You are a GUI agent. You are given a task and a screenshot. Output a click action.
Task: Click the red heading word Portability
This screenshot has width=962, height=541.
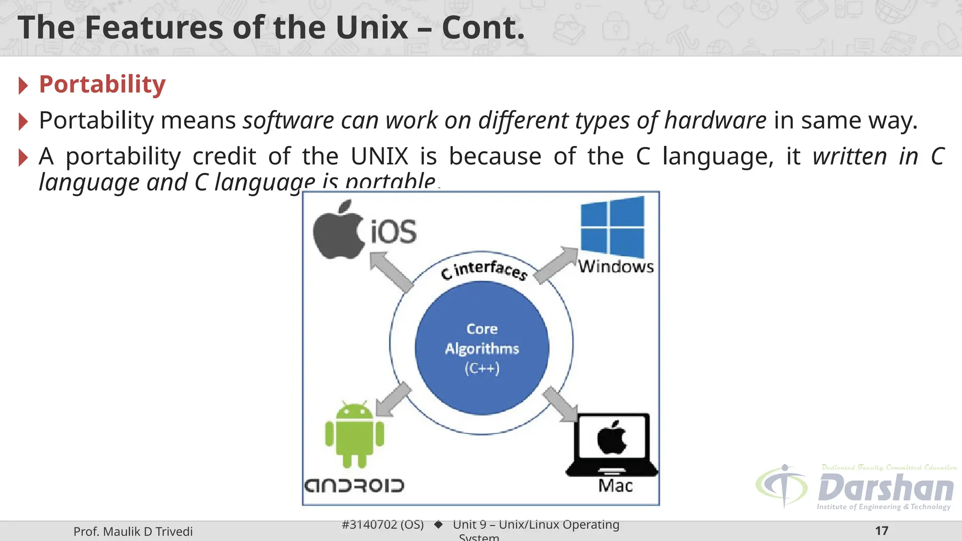pos(102,85)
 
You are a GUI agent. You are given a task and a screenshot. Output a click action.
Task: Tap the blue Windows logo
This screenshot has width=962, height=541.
pos(612,227)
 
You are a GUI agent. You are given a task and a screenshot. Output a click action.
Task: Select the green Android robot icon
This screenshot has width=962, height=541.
pos(355,434)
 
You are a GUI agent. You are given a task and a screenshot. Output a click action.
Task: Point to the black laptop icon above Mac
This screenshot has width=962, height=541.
pos(612,444)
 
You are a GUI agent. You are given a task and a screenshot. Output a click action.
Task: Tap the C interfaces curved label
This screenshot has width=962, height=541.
pos(484,270)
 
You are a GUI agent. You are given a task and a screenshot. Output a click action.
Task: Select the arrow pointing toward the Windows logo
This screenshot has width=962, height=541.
pos(556,265)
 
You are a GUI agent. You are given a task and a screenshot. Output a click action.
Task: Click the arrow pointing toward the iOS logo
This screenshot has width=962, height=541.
pos(390,271)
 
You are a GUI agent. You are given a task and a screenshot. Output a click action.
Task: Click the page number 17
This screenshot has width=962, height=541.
pos(882,531)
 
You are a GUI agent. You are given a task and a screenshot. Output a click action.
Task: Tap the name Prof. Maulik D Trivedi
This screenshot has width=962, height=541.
pos(133,532)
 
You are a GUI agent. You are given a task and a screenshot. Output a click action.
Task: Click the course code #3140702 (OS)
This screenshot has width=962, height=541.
pos(382,525)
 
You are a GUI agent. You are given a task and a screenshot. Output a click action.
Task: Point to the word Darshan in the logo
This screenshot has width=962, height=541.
pos(885,488)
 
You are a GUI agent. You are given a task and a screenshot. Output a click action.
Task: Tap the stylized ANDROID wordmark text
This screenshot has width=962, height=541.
pos(354,486)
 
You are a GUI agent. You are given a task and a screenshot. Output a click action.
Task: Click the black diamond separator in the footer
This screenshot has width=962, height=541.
pos(438,525)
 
